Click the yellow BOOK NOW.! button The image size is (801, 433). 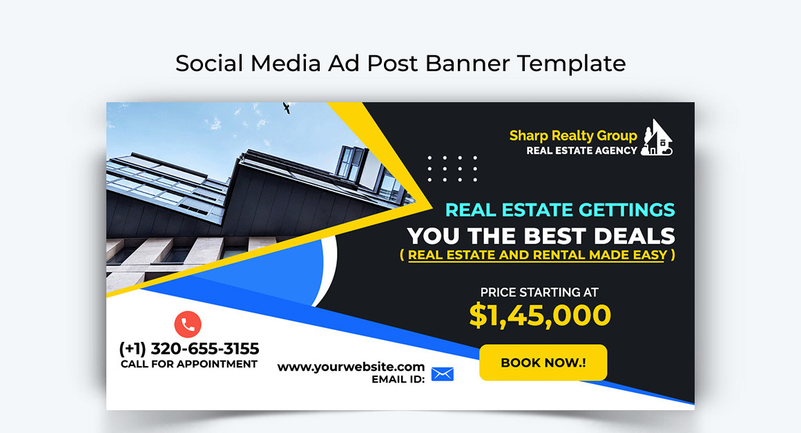coord(543,363)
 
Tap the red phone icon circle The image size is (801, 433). coord(188,324)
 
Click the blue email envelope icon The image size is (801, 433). coord(442,374)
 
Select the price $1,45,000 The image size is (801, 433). coord(540,315)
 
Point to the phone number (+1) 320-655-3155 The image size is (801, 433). coord(189,349)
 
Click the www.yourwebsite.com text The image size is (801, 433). coord(351,367)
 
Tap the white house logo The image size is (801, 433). coord(657,138)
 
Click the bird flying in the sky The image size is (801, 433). coord(287,108)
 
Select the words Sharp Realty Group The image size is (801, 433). coord(573,135)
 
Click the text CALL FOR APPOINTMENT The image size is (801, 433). coord(189,364)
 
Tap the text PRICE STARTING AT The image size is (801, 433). coord(539,292)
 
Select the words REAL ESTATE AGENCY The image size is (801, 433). coord(581,151)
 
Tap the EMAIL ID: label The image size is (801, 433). coord(398,379)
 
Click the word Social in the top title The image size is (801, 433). coord(209,64)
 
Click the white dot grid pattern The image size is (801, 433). coord(452,169)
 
